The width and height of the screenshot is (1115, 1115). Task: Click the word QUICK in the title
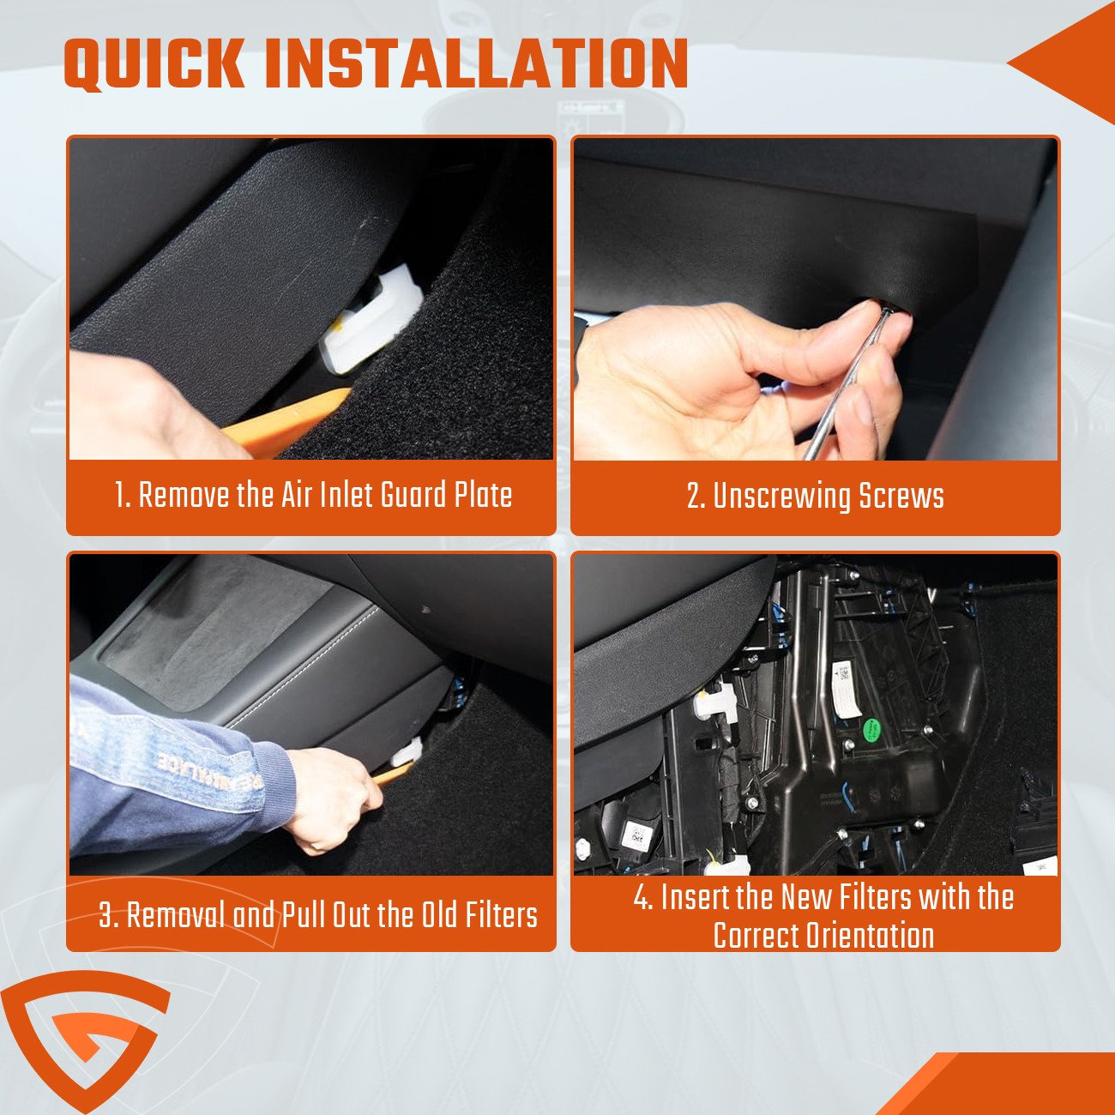coord(154,64)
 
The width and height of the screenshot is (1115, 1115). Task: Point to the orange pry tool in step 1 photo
coord(286,421)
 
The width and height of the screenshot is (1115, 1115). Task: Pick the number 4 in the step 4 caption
coord(641,897)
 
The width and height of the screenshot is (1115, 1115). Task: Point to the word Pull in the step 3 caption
coord(304,915)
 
